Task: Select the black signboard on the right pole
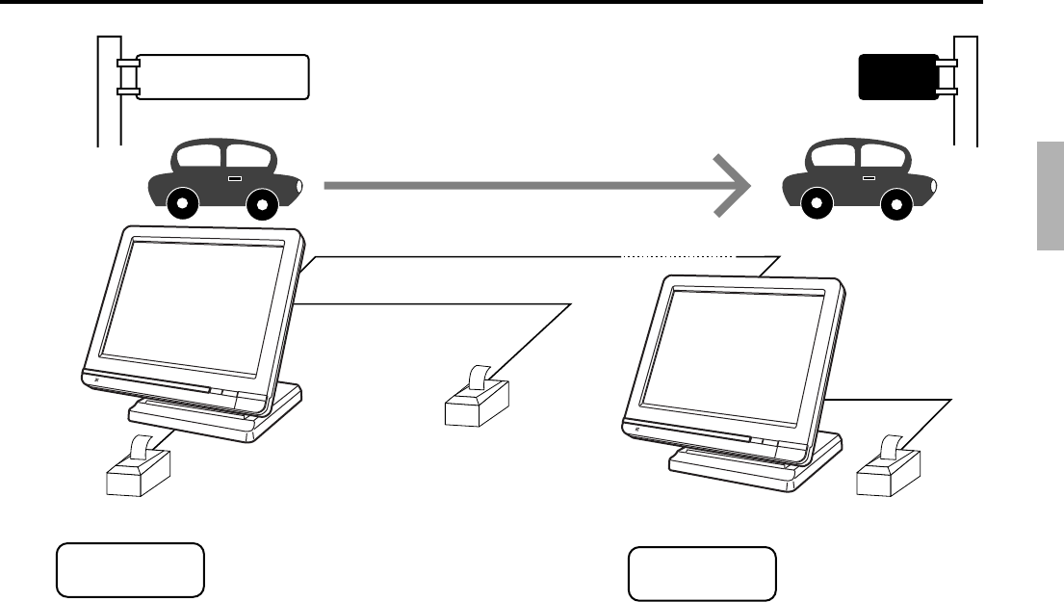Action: point(898,77)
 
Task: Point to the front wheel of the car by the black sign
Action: point(895,204)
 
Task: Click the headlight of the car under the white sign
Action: point(300,184)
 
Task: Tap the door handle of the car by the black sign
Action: point(869,178)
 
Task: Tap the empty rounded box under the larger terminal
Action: point(130,570)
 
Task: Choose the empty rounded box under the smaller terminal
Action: point(702,574)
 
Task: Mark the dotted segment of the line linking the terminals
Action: point(677,257)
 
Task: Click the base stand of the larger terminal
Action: point(217,414)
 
